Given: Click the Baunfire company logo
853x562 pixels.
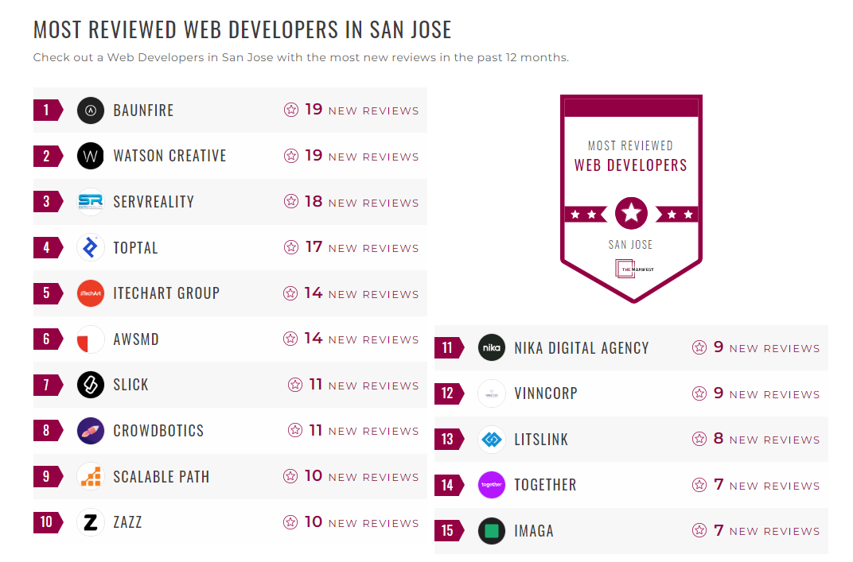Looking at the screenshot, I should pos(91,110).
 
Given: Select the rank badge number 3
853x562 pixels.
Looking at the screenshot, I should pos(47,202).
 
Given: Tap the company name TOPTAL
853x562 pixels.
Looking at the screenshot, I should pos(136,248).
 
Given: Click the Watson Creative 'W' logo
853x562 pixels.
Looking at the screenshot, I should pos(91,157).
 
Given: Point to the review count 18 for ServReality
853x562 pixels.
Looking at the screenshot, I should pos(314,202).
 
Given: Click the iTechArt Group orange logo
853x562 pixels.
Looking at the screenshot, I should pos(91,293).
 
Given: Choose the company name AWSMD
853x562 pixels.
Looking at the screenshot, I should pos(136,339).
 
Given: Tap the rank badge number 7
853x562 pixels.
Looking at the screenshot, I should pos(47,386).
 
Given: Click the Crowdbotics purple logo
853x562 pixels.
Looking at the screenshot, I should pos(91,431).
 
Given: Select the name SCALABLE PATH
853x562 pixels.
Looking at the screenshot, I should pos(162,477).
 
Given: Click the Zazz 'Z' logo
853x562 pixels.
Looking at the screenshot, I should pos(91,522).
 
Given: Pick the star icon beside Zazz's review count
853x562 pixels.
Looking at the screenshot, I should pos(291,522).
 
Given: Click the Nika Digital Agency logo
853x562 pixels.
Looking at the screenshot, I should pos(492,347).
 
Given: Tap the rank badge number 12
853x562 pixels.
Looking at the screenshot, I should pos(447,393).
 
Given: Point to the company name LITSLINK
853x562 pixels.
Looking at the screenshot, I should pos(542,440).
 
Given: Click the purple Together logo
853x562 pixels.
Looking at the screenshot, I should pos(492,485).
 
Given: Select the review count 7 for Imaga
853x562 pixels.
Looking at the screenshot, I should pos(719,530).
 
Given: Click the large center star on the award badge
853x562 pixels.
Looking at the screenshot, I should pos(631,213).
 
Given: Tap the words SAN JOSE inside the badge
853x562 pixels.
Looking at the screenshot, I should pos(631,245).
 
